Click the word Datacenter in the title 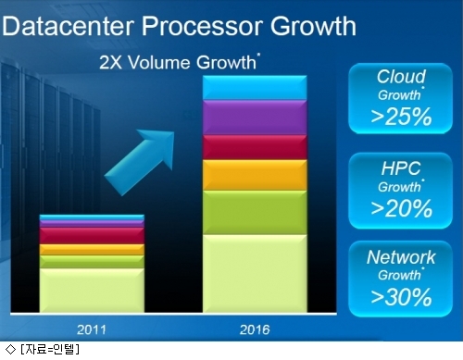coord(68,26)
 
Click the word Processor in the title coord(202,26)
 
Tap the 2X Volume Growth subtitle coord(180,62)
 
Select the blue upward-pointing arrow coord(141,161)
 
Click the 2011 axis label coord(92,329)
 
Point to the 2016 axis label coord(255,329)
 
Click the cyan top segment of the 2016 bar coord(255,88)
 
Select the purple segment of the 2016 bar coord(255,118)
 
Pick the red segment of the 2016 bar coord(255,147)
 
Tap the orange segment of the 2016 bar coord(255,175)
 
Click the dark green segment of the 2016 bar coord(255,213)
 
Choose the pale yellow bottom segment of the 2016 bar coord(255,274)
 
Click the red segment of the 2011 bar coord(92,236)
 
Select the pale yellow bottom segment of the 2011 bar coord(92,291)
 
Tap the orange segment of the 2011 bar coord(92,250)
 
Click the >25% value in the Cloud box coord(401,117)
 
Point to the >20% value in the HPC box coord(401,208)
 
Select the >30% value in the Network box coord(401,297)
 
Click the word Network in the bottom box coord(401,257)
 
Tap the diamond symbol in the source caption coord(10,349)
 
